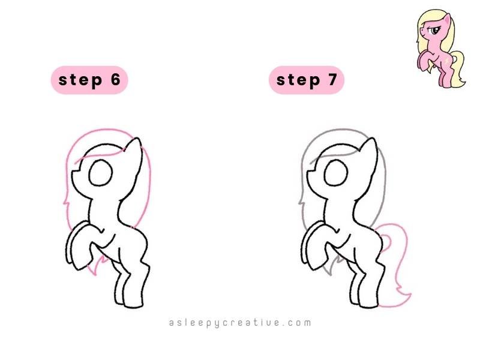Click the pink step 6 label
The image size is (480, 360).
89,80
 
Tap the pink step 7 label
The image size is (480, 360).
306,80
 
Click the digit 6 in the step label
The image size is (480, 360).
116,80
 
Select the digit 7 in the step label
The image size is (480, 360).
332,80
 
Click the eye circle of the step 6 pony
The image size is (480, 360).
101,175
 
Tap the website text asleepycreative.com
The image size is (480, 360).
240,323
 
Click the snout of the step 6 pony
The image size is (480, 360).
74,175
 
